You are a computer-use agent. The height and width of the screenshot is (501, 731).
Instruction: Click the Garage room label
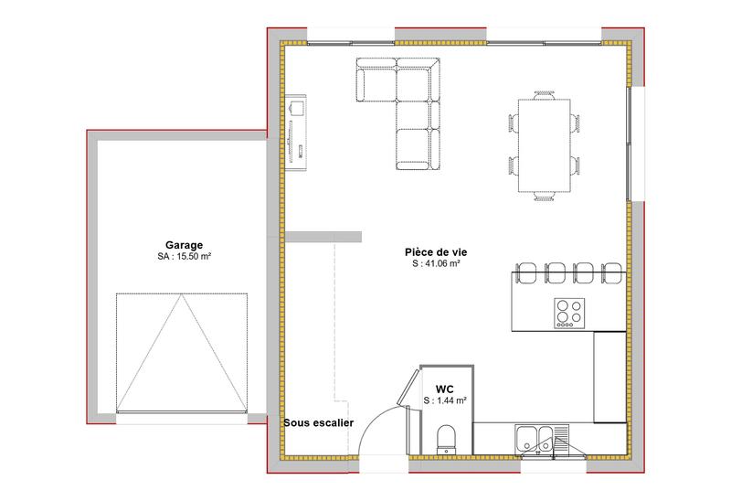point(184,245)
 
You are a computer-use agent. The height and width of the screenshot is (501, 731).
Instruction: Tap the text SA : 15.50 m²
point(184,258)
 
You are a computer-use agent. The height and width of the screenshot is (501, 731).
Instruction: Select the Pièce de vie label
point(435,251)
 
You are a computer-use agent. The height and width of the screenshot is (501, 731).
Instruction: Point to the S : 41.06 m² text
point(435,264)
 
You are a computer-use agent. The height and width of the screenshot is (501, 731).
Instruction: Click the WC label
point(445,389)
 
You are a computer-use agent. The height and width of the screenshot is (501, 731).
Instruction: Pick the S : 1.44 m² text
point(445,400)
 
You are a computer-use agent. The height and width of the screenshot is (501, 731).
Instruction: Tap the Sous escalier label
point(318,422)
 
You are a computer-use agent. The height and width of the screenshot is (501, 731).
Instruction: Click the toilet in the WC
point(448,437)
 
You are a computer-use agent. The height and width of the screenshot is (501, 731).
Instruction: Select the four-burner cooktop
point(568,313)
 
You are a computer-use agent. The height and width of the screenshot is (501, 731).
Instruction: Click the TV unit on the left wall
point(298,131)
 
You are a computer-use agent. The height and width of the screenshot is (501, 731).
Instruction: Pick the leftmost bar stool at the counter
point(527,271)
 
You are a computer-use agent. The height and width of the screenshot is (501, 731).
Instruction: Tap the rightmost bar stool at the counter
point(612,271)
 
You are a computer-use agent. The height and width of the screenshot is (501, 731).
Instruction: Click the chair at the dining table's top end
point(546,92)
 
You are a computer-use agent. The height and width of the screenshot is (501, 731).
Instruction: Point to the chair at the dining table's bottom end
point(546,197)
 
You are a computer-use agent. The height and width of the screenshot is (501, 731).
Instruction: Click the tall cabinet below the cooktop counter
point(609,377)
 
